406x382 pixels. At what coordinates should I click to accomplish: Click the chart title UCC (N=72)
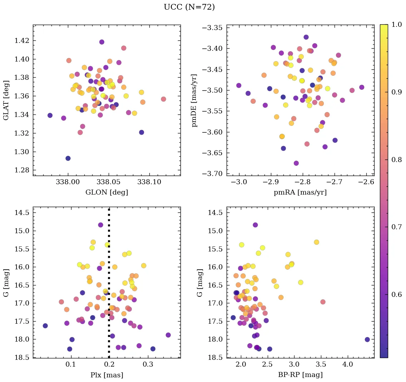point(189,7)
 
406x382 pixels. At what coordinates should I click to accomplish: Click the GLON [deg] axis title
point(107,192)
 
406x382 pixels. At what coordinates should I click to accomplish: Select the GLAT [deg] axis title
point(6,100)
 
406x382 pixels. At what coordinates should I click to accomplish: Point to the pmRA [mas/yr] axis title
point(300,192)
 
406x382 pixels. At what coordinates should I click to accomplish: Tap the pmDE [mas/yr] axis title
point(194,100)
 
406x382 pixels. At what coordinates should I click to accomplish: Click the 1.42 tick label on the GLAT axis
point(22,40)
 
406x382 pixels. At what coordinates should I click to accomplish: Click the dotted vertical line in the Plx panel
point(109,286)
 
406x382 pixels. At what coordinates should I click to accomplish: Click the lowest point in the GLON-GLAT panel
point(68,158)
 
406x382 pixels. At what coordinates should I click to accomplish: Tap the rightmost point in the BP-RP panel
point(367,339)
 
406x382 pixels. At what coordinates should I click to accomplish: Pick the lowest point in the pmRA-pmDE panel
point(296,163)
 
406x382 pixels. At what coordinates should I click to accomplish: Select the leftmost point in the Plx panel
point(45,325)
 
